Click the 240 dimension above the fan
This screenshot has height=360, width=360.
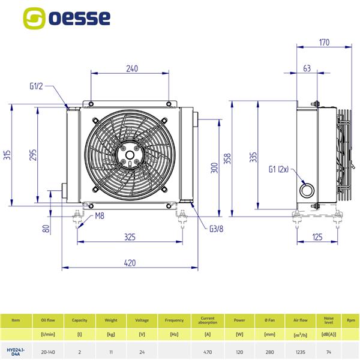pos(132,68)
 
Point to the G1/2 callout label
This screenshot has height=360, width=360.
pos(37,86)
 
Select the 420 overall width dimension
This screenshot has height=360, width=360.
pos(130,262)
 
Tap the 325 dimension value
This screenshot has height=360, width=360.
pos(130,237)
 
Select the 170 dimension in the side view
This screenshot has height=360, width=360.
pos(325,42)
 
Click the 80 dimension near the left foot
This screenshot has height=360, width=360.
pos(46,228)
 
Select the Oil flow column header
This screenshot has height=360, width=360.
pos(44,320)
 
